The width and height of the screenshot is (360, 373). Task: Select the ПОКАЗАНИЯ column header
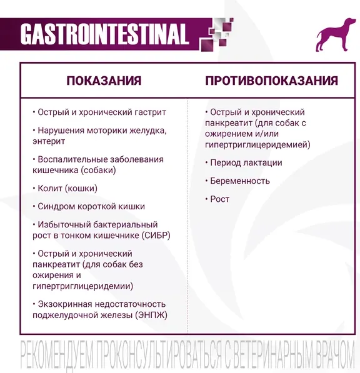pos(104,81)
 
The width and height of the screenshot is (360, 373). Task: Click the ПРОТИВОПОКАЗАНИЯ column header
pos(271,81)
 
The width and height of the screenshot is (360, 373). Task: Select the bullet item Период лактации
pos(246,162)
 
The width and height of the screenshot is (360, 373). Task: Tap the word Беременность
pos(240,181)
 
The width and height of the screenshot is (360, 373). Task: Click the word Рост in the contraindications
pos(220,199)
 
